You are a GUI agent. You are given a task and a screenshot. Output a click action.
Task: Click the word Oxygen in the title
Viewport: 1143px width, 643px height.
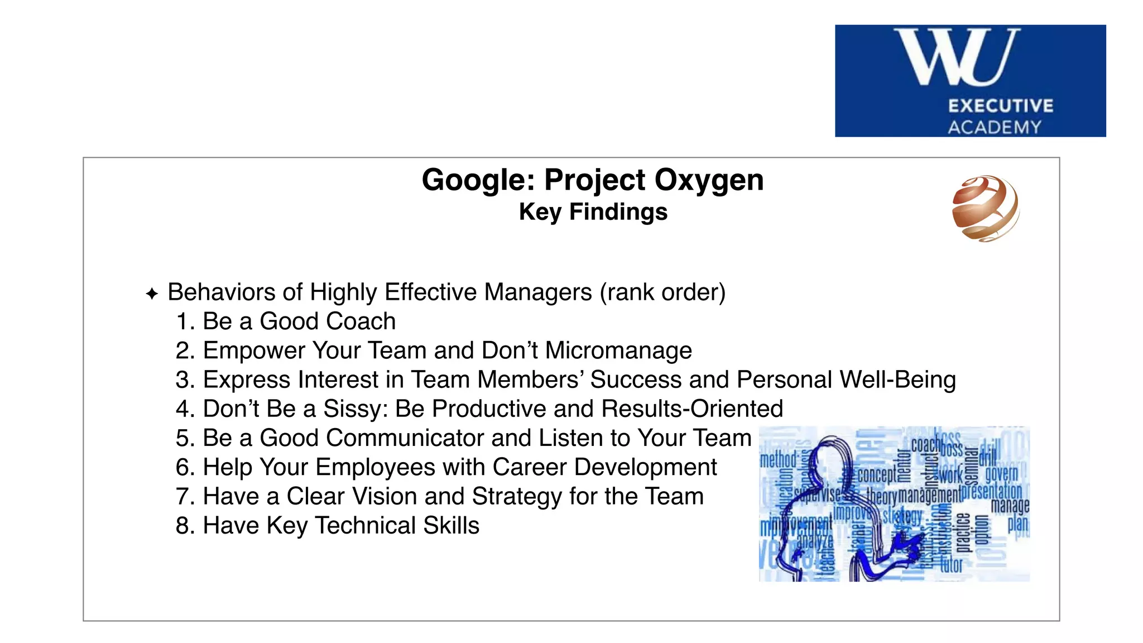click(708, 180)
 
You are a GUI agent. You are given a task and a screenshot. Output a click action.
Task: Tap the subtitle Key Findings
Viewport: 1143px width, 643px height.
click(593, 212)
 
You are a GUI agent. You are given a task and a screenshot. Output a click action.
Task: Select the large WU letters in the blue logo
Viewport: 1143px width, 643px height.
click(957, 57)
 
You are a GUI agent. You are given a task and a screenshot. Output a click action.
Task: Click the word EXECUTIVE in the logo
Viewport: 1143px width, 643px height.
click(1001, 106)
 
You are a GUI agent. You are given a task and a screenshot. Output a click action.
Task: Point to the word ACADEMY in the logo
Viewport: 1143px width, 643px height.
click(995, 127)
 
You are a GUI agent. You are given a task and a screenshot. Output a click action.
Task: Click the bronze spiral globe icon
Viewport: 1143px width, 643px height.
click(986, 208)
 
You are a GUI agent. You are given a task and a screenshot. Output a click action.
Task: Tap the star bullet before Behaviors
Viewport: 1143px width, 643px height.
click(152, 294)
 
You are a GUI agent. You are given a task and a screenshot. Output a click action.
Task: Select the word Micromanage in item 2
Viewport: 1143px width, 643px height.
click(618, 351)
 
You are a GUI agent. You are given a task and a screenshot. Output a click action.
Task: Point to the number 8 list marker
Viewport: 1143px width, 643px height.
click(183, 525)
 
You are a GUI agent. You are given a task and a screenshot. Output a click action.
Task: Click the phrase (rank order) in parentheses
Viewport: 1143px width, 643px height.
click(662, 292)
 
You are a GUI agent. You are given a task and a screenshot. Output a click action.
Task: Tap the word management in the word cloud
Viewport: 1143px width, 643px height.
click(930, 495)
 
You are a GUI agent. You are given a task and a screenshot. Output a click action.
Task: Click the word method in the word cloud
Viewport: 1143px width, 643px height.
click(778, 460)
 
